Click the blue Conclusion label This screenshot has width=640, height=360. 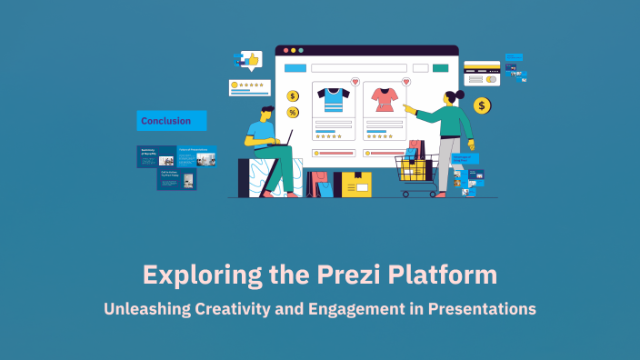(x=171, y=120)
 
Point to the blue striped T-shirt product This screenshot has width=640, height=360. (x=333, y=99)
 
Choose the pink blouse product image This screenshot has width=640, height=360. (x=382, y=99)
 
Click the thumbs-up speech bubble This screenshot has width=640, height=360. (x=249, y=60)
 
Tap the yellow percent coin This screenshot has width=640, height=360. (x=293, y=112)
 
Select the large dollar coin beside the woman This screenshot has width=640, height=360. (x=482, y=106)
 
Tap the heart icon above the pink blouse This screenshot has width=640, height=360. (x=405, y=82)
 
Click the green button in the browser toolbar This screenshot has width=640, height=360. (x=441, y=67)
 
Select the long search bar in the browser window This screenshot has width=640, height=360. (x=358, y=67)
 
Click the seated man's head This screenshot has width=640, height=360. (x=265, y=114)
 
